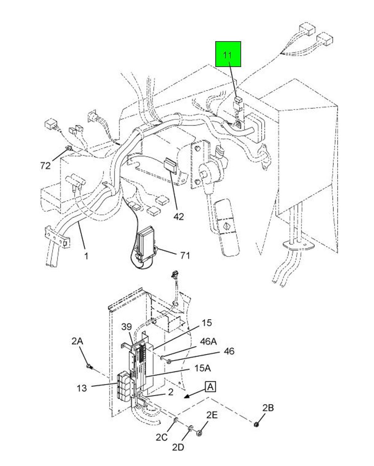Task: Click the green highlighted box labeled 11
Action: click(x=228, y=54)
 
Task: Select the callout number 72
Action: click(x=46, y=166)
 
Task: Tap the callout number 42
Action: click(x=179, y=216)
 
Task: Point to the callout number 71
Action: click(x=185, y=256)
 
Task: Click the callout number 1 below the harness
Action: click(x=86, y=256)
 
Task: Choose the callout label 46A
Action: click(x=208, y=342)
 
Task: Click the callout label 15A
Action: click(x=202, y=368)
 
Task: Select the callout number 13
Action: click(x=82, y=388)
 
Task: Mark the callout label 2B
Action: click(x=268, y=408)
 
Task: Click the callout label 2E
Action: click(x=212, y=415)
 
